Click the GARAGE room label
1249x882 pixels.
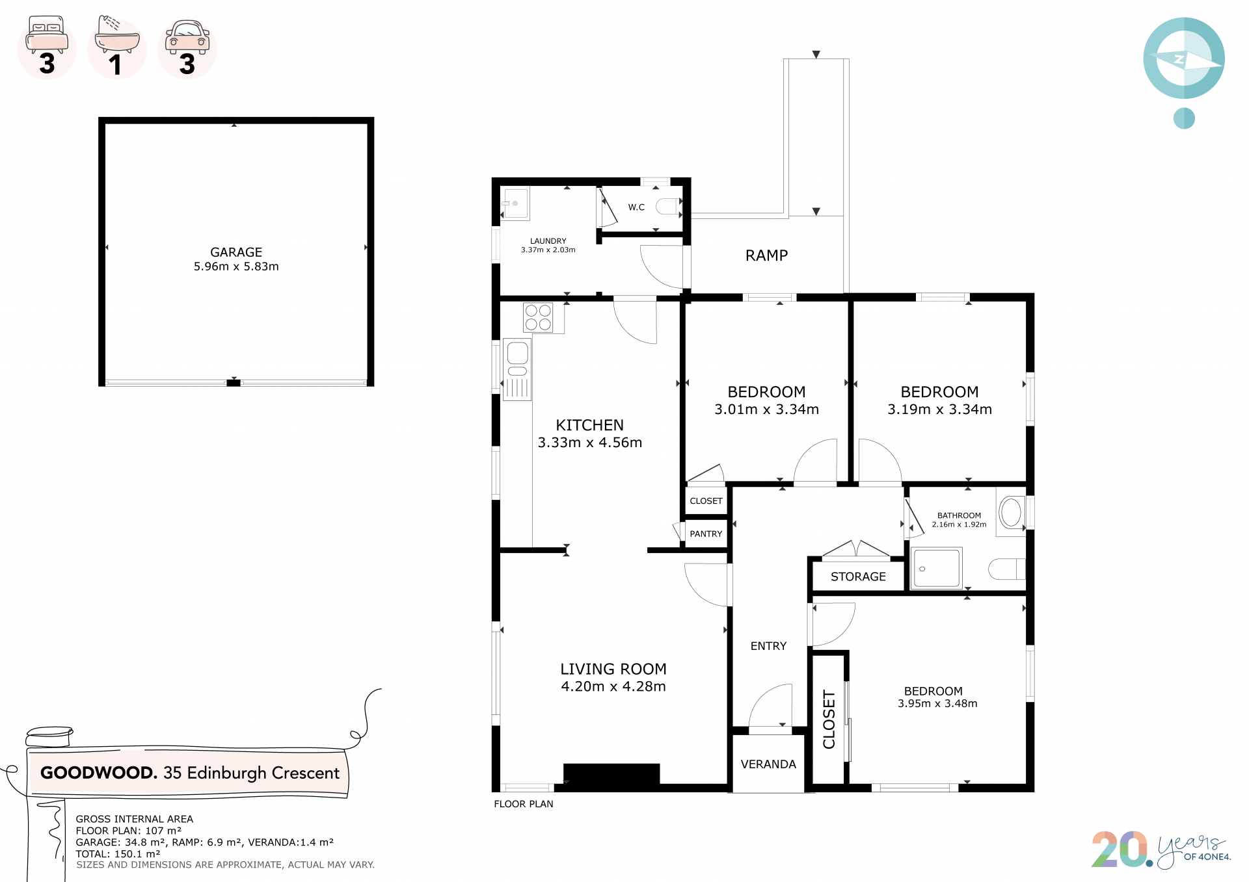(236, 252)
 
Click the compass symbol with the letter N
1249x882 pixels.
(1184, 58)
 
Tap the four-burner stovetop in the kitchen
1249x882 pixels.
(539, 318)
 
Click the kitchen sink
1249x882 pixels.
(517, 369)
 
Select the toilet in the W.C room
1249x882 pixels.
(667, 207)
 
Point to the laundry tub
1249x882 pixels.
(515, 204)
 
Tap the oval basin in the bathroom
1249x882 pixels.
(1011, 512)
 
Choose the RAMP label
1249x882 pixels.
(766, 255)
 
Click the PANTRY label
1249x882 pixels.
(706, 534)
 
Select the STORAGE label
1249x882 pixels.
(858, 577)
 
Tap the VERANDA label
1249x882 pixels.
(768, 764)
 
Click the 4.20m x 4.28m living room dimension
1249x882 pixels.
(613, 686)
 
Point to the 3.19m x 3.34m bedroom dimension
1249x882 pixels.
(939, 409)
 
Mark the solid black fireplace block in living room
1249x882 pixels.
(611, 774)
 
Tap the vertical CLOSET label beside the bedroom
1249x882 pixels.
(829, 720)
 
